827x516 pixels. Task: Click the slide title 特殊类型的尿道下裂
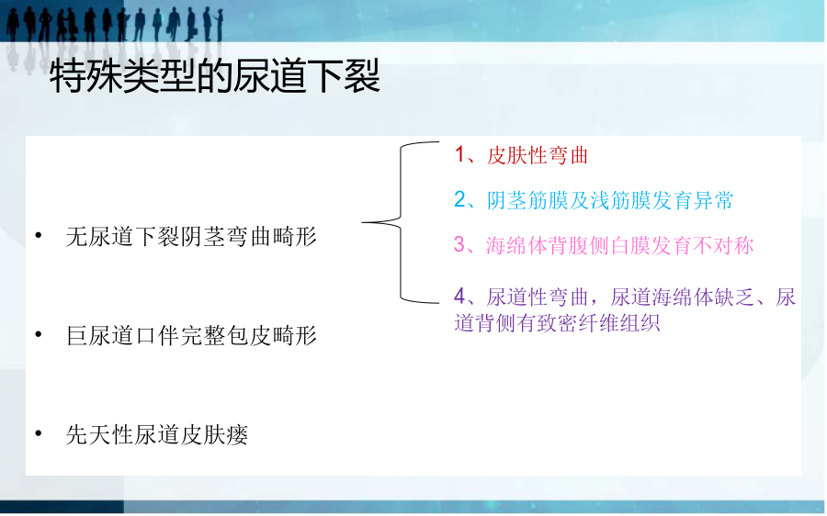(215, 76)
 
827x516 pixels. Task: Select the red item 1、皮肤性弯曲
(521, 155)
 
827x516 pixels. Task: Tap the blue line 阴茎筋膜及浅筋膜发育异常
(610, 200)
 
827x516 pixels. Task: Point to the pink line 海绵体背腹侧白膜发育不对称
(619, 246)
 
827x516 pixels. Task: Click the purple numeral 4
(460, 297)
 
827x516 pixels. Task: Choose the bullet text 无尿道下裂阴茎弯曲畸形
(191, 237)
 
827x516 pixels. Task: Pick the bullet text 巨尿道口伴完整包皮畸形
(191, 336)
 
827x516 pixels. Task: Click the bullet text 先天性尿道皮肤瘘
(156, 435)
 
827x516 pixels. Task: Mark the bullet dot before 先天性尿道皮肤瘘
(39, 433)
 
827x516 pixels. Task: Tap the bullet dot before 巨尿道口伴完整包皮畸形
(39, 334)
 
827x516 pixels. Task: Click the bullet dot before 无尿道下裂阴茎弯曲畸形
(39, 235)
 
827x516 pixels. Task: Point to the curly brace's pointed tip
(362, 222)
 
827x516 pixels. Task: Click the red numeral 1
(459, 155)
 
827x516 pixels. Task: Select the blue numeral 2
(460, 200)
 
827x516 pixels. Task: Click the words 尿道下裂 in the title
(306, 76)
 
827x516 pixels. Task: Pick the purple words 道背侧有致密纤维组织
(557, 322)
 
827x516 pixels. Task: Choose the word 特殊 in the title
(86, 76)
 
